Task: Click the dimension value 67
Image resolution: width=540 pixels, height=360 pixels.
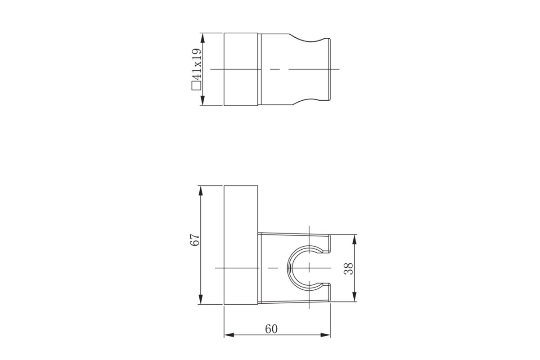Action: pos(195,240)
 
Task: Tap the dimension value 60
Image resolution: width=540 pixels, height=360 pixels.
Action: pos(271,329)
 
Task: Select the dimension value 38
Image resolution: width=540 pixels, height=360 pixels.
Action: pos(349,268)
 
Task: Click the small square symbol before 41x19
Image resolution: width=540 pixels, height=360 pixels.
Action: pos(197,86)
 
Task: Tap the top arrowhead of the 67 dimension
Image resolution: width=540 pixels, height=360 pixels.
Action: pos(201,190)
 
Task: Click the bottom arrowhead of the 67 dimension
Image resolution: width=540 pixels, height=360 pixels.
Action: pos(201,299)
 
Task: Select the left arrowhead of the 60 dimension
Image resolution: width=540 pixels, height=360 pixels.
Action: pos(229,335)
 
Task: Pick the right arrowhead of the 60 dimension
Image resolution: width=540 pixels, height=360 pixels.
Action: pos(325,335)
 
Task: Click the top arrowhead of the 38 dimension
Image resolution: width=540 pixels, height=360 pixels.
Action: pos(354,239)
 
